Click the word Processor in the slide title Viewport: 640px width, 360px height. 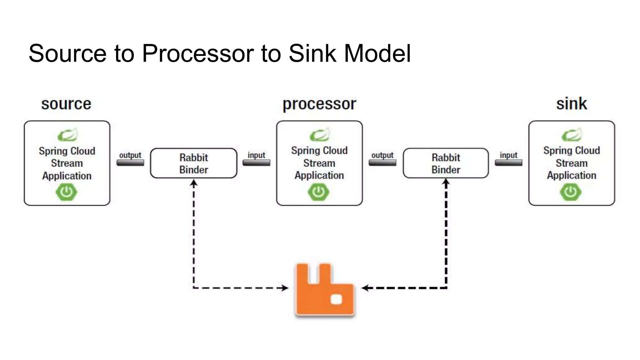[198, 53]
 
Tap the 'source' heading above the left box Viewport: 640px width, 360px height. [66, 104]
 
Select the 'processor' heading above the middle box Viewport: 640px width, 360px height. [319, 104]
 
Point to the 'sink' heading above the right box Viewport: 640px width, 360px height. [571, 104]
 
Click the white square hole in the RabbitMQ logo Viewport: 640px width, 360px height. [336, 299]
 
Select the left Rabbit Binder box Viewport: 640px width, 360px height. [193, 163]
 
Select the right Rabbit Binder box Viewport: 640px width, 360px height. [446, 163]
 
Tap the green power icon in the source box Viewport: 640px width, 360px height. [67, 192]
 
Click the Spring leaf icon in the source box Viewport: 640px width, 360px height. [67, 135]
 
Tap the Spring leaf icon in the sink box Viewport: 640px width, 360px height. [572, 135]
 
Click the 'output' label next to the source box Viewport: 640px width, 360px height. [130, 155]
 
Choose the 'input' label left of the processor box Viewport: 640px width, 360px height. [256, 155]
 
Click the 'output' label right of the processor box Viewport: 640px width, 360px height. [382, 155]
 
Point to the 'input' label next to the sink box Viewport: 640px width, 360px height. [508, 155]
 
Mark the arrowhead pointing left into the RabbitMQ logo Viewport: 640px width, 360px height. [365, 288]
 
